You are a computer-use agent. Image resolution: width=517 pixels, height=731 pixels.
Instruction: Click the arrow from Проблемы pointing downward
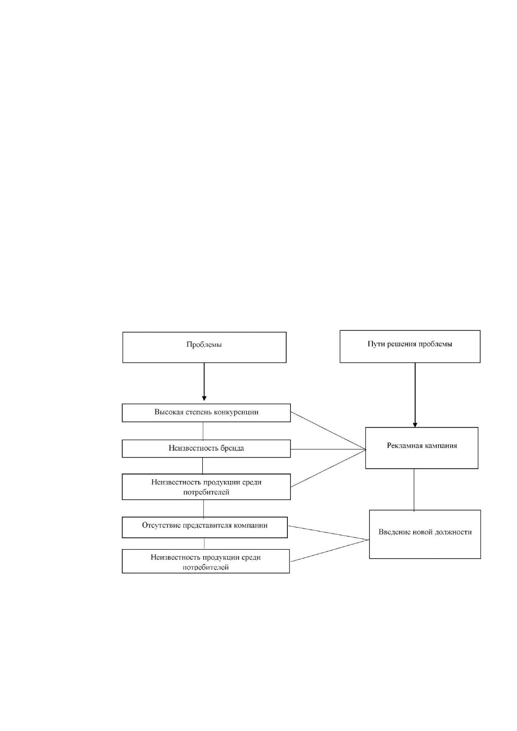click(x=204, y=382)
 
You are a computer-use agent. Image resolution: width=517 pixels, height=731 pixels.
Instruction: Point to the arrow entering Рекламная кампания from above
click(x=415, y=395)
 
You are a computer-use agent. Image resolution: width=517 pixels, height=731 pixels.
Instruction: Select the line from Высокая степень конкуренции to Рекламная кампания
click(x=328, y=431)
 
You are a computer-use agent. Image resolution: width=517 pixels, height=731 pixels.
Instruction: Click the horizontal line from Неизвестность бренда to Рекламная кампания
click(x=328, y=449)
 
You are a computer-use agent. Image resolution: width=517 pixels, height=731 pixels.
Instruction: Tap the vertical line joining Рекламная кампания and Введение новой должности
click(x=414, y=490)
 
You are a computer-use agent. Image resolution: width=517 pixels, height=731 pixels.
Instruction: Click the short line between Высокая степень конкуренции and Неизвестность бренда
click(x=203, y=431)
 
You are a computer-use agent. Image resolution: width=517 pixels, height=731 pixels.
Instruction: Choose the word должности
click(x=454, y=532)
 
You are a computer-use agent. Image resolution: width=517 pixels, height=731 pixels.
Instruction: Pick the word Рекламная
click(x=403, y=446)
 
